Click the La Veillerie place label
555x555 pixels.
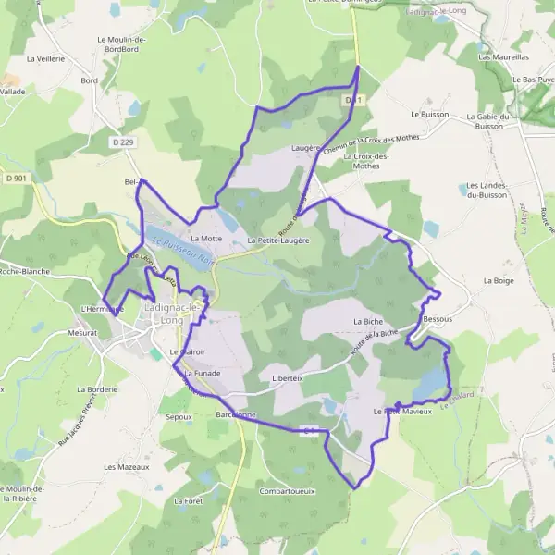(45, 57)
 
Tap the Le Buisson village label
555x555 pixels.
(428, 114)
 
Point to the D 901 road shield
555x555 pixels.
(14, 178)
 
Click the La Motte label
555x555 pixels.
(206, 239)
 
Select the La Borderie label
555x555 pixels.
(97, 389)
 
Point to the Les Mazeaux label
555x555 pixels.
(127, 467)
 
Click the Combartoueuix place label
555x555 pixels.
(288, 491)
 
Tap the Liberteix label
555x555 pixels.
(289, 379)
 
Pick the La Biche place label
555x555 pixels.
(367, 321)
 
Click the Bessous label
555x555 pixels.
(438, 318)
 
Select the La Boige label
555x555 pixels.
(498, 279)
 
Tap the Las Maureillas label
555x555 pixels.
(498, 56)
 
